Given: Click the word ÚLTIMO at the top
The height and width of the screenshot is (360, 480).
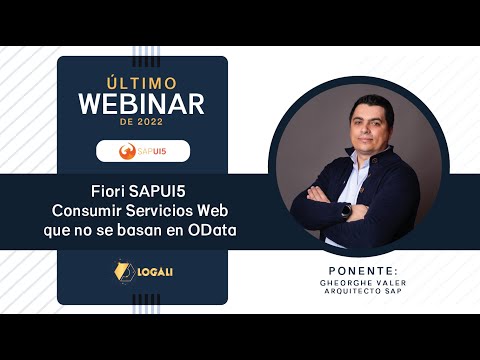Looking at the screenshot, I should (x=141, y=82).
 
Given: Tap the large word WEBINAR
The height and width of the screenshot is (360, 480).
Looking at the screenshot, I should (x=141, y=103).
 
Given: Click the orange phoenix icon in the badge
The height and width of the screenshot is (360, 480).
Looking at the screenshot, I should (x=127, y=152).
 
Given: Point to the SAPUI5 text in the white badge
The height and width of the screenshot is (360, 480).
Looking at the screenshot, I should (x=152, y=152).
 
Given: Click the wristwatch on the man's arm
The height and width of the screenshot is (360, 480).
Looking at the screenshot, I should (x=345, y=210).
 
